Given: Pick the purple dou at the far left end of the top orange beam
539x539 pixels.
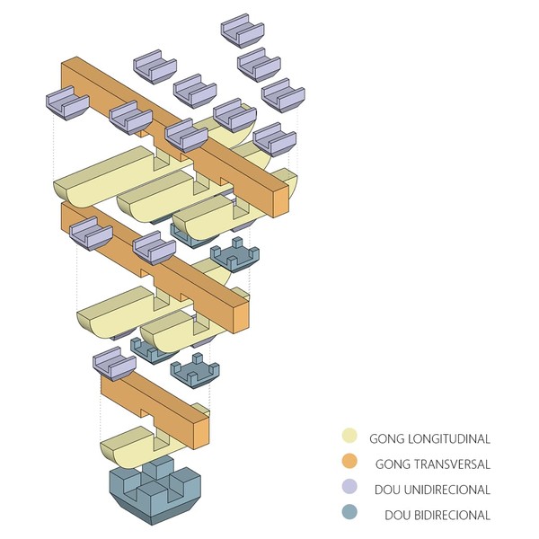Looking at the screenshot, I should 67,103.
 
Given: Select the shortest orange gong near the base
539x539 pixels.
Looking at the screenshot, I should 157,409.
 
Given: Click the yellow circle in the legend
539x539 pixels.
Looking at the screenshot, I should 352,438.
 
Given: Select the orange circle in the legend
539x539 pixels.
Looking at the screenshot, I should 352,464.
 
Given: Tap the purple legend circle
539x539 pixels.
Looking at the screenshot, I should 352,490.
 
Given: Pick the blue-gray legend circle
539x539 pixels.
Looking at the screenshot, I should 352,515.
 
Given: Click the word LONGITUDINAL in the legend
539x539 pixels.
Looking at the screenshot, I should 454,439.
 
